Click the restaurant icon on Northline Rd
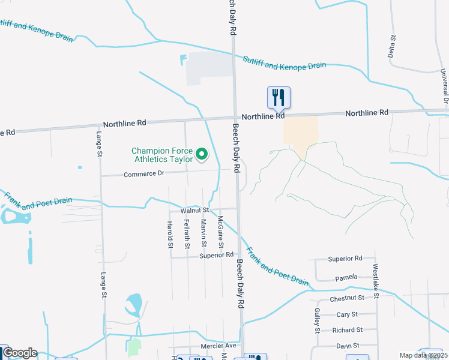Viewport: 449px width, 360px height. click(279, 97)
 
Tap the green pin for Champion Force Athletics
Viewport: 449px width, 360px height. click(202, 155)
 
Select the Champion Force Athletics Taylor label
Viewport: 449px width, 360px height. click(162, 155)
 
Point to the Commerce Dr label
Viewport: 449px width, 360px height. click(143, 174)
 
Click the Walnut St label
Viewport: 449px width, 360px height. click(194, 211)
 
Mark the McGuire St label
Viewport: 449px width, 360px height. click(220, 232)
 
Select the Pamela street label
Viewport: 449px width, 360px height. click(346, 277)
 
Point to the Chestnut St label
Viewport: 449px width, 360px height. click(347, 298)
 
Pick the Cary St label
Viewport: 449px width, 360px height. click(347, 314)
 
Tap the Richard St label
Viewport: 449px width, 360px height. click(347, 330)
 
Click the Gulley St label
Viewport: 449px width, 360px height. click(317, 320)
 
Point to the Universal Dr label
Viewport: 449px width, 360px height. click(445, 84)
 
